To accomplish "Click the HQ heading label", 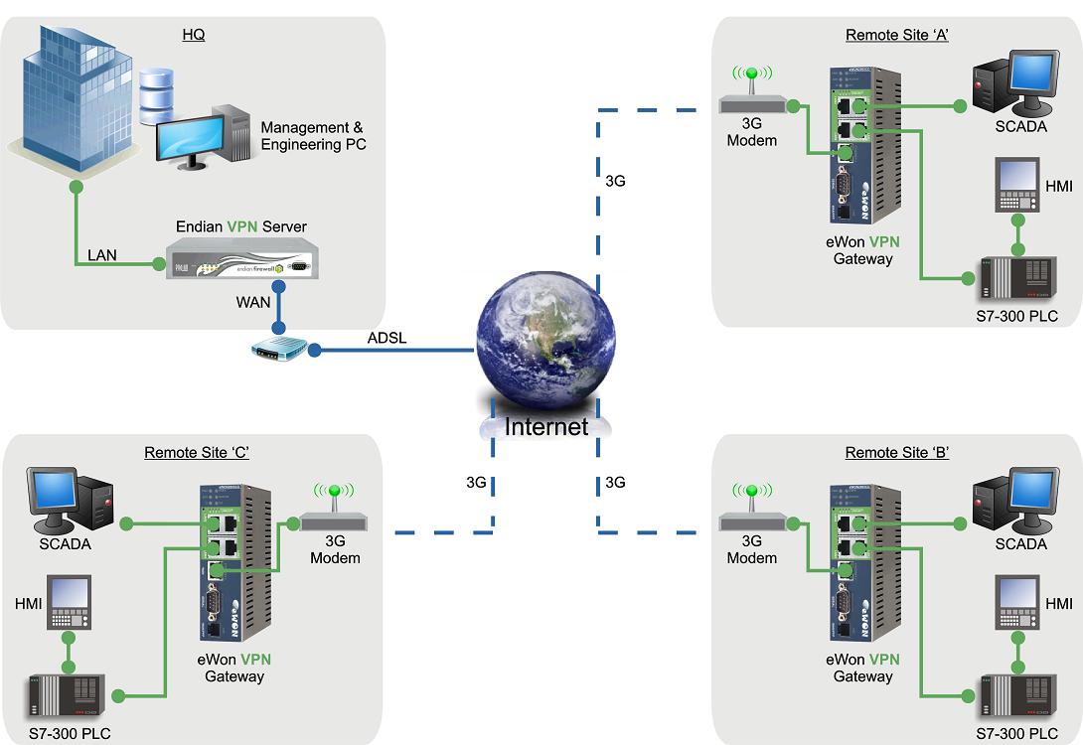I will [x=194, y=35].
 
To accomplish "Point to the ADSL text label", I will [x=386, y=338].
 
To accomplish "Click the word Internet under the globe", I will [x=546, y=427].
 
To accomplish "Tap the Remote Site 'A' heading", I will [x=897, y=35].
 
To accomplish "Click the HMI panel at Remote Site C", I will [x=70, y=603].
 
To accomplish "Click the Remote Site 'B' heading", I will [x=897, y=453].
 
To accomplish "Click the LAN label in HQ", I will [x=101, y=255].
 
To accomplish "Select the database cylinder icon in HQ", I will [x=157, y=95].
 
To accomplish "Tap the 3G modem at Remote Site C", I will [x=335, y=520].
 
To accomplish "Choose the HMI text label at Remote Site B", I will [x=1059, y=604].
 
